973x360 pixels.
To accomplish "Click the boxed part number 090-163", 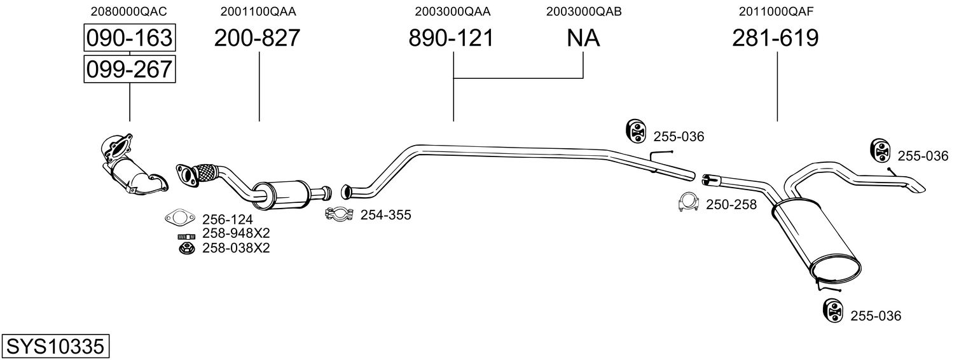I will [129, 38].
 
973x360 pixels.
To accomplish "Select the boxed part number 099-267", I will [129, 69].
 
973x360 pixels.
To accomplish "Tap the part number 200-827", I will [257, 39].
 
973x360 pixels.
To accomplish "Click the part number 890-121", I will [451, 39].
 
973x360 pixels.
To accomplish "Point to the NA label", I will [583, 39].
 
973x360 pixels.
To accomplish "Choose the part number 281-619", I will [775, 39].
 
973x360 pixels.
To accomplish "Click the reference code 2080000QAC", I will [129, 11].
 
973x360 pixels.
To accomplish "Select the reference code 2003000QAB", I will [583, 11].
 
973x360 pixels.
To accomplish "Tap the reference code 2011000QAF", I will [775, 11].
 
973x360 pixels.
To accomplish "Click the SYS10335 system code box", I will [55, 347].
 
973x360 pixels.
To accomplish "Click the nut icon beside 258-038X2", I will [185, 248].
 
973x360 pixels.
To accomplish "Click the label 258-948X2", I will [236, 233].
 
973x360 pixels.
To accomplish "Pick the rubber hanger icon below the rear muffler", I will [832, 310].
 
